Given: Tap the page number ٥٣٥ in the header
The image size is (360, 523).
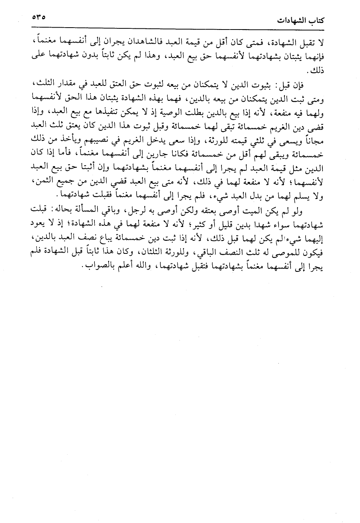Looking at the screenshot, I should pyautogui.click(x=40, y=18).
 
